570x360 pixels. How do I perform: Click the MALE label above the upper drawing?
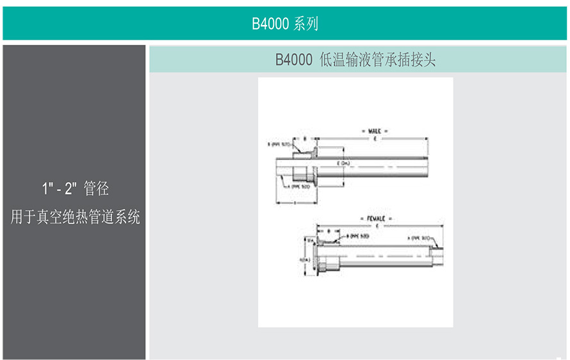coord(374,131)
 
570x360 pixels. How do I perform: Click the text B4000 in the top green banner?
coord(270,24)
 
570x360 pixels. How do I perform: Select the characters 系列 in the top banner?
coord(305,24)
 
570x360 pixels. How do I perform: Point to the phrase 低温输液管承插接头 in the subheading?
coord(377,60)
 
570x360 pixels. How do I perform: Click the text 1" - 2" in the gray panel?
coord(60,189)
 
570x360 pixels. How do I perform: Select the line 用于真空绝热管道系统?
coord(75,218)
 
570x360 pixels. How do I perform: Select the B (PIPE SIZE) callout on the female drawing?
coord(357,236)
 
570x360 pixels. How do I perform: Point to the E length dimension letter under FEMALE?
coord(377,225)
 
